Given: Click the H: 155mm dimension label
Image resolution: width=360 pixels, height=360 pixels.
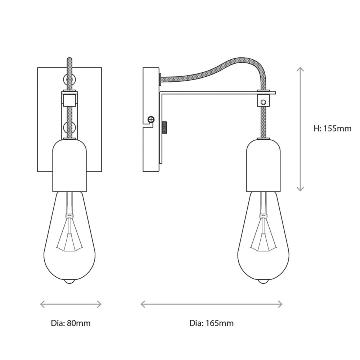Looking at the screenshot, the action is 332,129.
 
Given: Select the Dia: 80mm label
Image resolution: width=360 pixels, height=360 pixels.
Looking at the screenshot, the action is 71,323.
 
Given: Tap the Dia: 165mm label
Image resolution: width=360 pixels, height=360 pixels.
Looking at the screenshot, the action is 211,323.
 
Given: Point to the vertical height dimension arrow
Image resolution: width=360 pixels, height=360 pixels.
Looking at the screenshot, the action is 300,129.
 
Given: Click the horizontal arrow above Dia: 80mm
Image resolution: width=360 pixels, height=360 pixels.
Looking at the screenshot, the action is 71,305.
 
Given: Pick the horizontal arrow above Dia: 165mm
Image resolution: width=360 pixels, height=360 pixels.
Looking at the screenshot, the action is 211,305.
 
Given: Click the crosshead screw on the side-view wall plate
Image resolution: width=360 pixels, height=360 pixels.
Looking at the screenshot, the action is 151,120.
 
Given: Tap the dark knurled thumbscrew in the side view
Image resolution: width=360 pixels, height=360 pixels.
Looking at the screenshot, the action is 165,129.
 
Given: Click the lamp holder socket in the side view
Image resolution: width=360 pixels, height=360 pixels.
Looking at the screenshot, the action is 264,165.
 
